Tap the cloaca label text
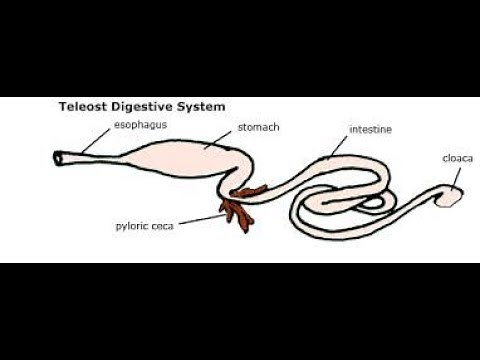point(458,157)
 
